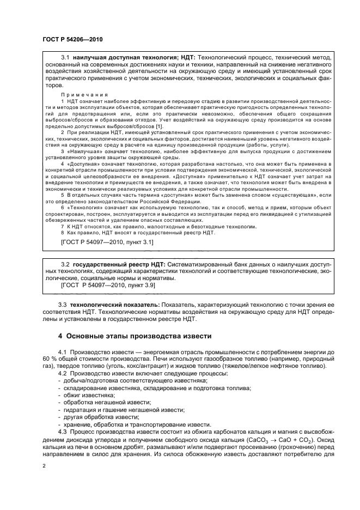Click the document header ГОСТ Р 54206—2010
tap(72, 40)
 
